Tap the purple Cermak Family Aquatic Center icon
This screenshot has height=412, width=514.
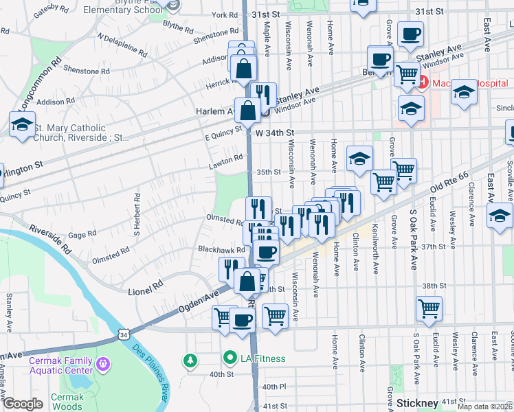tap(103, 362)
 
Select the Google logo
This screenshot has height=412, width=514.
tap(23, 404)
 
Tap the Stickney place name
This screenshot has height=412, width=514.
tap(417, 402)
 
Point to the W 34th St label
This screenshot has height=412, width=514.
tap(273, 132)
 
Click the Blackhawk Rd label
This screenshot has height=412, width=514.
tap(221, 250)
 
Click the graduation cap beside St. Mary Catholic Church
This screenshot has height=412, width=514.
tap(22, 124)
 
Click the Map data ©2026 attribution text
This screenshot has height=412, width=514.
tap(485, 407)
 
